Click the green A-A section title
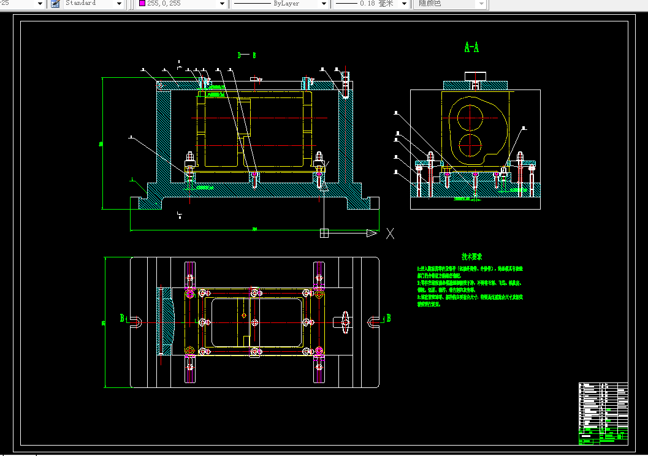471,47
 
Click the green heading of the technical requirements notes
471,257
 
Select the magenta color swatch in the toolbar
142,4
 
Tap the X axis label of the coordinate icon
389,233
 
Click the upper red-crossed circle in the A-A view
471,116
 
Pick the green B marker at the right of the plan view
388,318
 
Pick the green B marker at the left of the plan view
122,318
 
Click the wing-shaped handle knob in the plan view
345,322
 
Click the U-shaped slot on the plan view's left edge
136,322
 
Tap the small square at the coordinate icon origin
324,233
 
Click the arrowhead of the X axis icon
372,233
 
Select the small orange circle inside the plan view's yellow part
244,316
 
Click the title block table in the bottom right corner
603,413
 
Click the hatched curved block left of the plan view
166,322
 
